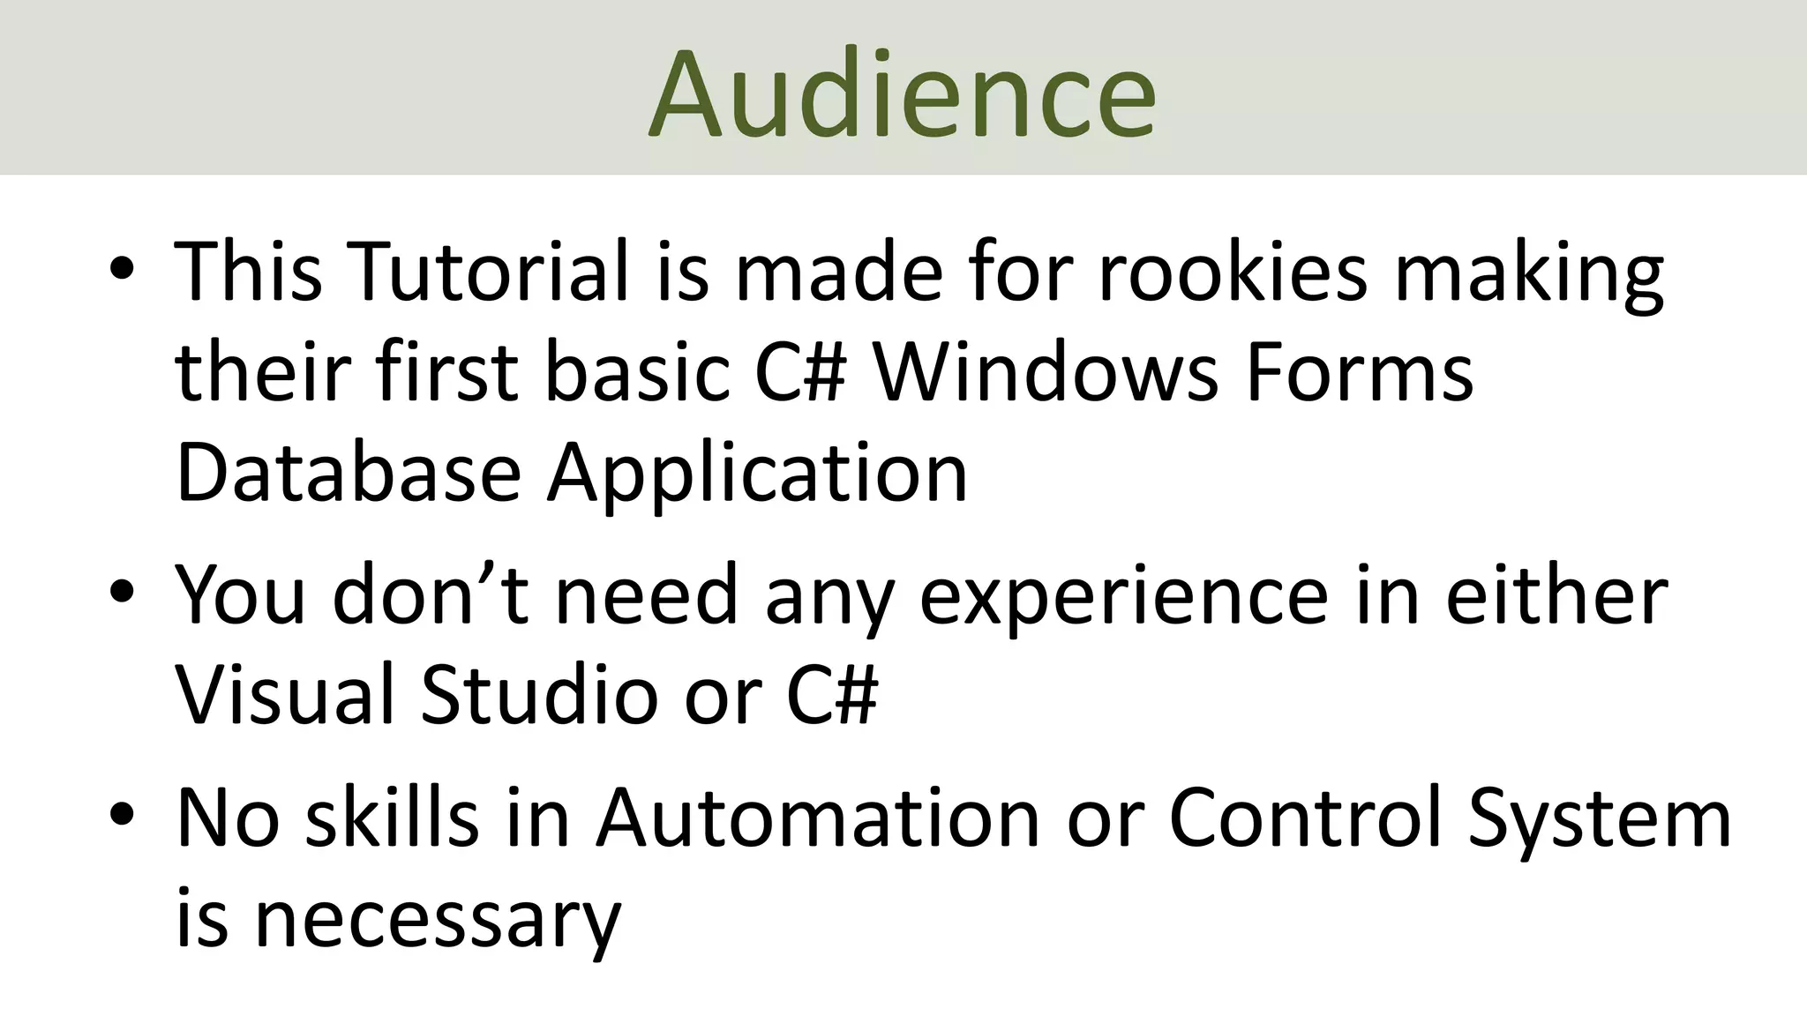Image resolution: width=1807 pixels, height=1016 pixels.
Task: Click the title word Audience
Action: point(902,93)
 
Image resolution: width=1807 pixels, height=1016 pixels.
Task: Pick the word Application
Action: point(757,476)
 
